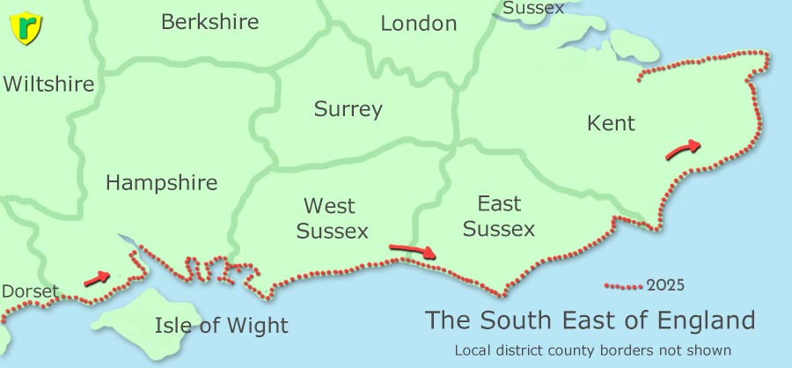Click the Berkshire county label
209,22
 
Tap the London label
418,24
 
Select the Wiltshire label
48,85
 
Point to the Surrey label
348,109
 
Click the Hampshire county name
161,182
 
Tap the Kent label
610,123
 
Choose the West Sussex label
332,218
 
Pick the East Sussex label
499,217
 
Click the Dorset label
29,291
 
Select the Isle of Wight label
221,326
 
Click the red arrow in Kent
684,150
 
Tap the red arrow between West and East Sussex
412,251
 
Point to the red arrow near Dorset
97,279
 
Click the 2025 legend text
665,285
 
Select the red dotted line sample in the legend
624,286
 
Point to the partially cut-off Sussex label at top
534,8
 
